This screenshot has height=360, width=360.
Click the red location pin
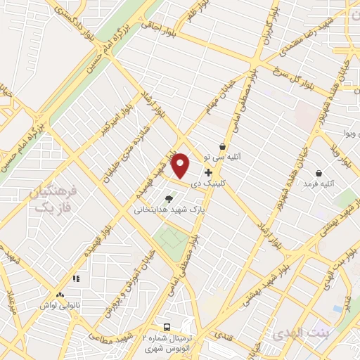click(x=181, y=165)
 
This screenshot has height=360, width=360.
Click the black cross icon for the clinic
click(x=208, y=172)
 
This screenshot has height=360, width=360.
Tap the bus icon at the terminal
click(x=167, y=327)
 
